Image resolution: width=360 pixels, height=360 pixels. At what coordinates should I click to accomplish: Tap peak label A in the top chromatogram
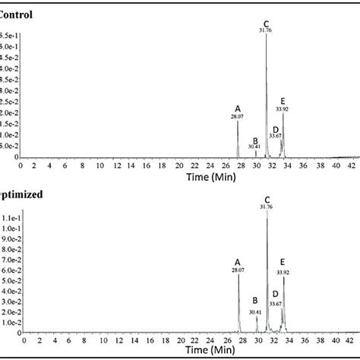[x=238, y=109]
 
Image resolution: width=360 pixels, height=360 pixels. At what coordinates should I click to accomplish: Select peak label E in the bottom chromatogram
[x=283, y=262]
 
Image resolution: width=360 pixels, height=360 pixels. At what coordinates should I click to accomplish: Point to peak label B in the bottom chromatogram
[x=255, y=301]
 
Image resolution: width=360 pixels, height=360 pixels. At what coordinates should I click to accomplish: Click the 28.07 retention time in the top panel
[x=238, y=117]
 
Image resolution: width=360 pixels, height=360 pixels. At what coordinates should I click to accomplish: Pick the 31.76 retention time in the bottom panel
[x=267, y=206]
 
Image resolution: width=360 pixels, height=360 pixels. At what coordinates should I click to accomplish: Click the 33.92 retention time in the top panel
[x=283, y=109]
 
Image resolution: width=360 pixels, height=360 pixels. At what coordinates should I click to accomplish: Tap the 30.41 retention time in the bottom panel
[x=255, y=311]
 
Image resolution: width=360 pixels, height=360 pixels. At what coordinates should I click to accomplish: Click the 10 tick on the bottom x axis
[x=93, y=341]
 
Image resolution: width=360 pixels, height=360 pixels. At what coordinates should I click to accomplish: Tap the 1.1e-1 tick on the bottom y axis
[x=10, y=217]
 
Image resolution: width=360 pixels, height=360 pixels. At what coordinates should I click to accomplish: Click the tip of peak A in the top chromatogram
[x=238, y=122]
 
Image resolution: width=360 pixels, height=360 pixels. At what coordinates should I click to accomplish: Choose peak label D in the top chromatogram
[x=275, y=130]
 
